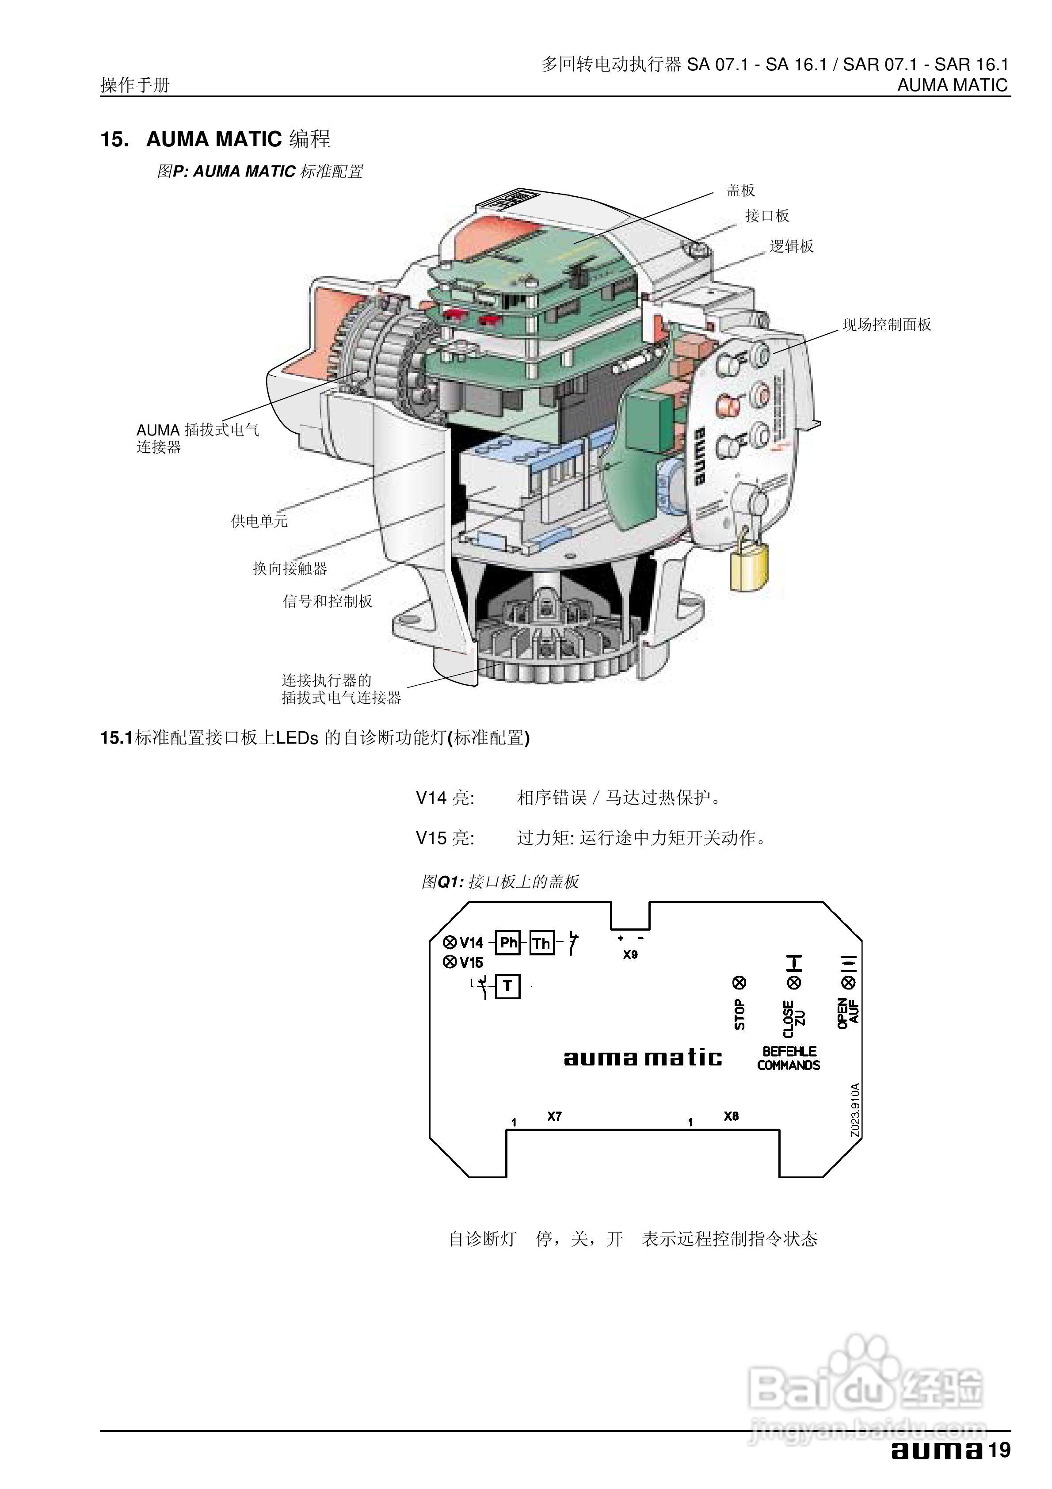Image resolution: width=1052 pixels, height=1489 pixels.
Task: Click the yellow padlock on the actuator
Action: (x=749, y=565)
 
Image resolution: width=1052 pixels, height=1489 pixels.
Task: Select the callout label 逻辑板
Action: (x=791, y=246)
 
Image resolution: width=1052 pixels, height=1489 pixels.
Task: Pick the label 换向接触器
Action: (x=290, y=569)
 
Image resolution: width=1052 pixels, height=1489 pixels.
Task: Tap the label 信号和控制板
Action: (x=328, y=601)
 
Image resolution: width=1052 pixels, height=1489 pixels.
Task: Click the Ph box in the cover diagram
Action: (x=508, y=942)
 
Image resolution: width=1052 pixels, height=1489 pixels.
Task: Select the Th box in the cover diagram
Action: (x=541, y=943)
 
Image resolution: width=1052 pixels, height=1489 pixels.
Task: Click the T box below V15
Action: (x=508, y=986)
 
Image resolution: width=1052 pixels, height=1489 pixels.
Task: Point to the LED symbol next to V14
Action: (x=450, y=942)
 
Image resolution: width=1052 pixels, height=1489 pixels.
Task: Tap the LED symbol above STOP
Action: (x=739, y=982)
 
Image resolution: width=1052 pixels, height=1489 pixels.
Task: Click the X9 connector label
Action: (x=630, y=954)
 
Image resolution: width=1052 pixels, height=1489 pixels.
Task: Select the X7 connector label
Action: (x=554, y=1116)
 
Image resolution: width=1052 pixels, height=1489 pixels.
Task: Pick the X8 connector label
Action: (x=731, y=1116)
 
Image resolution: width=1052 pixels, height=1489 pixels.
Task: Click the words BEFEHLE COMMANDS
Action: (x=789, y=1058)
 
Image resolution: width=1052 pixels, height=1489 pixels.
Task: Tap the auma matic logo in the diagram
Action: (x=642, y=1058)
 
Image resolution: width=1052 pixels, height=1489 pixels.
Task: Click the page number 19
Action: (x=999, y=1450)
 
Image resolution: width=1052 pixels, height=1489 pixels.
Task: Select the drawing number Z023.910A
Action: (x=855, y=1110)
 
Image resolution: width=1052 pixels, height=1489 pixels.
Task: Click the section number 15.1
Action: (x=116, y=738)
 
